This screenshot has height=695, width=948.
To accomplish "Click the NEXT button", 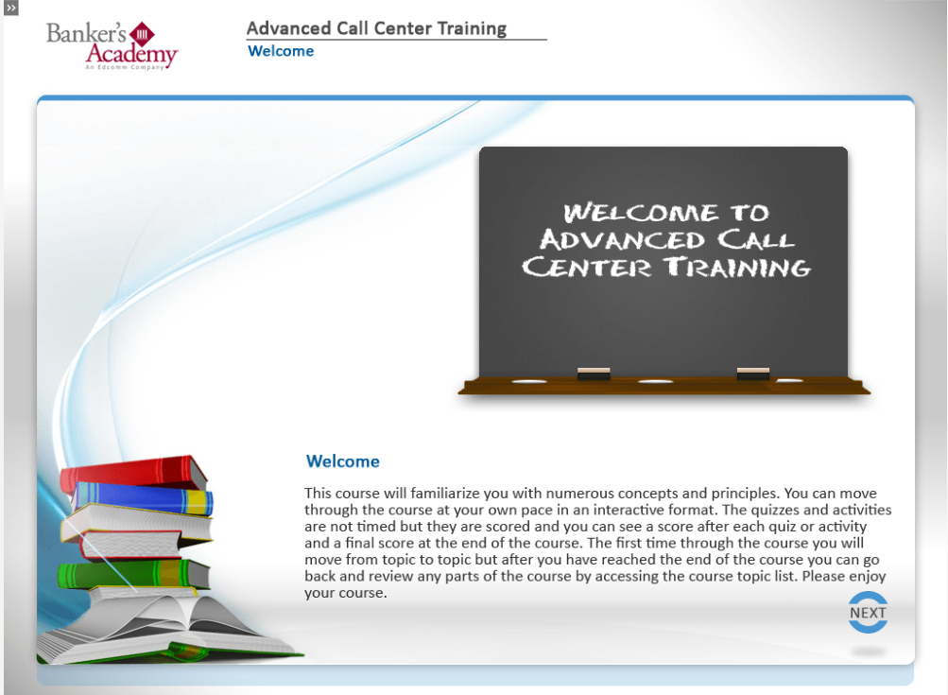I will (x=868, y=613).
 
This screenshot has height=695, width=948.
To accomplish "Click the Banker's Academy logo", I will (x=112, y=44).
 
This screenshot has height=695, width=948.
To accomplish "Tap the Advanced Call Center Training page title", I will (x=376, y=28).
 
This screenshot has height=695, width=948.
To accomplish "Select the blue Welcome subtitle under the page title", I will (x=281, y=51).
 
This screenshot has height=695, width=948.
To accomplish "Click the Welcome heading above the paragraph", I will (x=343, y=461).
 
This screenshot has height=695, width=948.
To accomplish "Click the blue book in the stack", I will (x=142, y=497).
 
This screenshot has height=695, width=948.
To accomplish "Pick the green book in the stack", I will (x=132, y=573).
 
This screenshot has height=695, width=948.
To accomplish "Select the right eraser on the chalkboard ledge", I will (x=753, y=373).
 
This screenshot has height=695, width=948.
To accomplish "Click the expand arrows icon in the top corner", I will (x=11, y=8).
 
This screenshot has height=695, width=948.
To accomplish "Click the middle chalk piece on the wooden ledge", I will (x=655, y=381).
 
